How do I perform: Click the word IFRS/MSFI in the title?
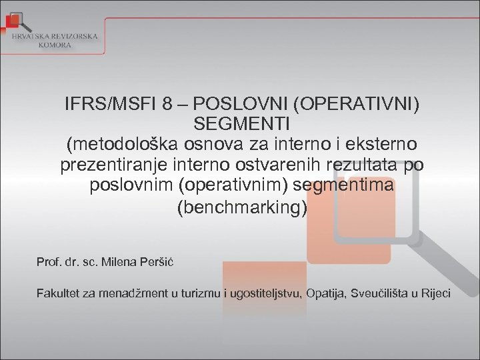pyautogui.click(x=104, y=105)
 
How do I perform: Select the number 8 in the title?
pyautogui.click(x=166, y=105)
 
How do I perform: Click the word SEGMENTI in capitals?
pyautogui.click(x=241, y=124)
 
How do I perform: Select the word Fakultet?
pyautogui.click(x=59, y=293)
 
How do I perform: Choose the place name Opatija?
pyautogui.click(x=326, y=293)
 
